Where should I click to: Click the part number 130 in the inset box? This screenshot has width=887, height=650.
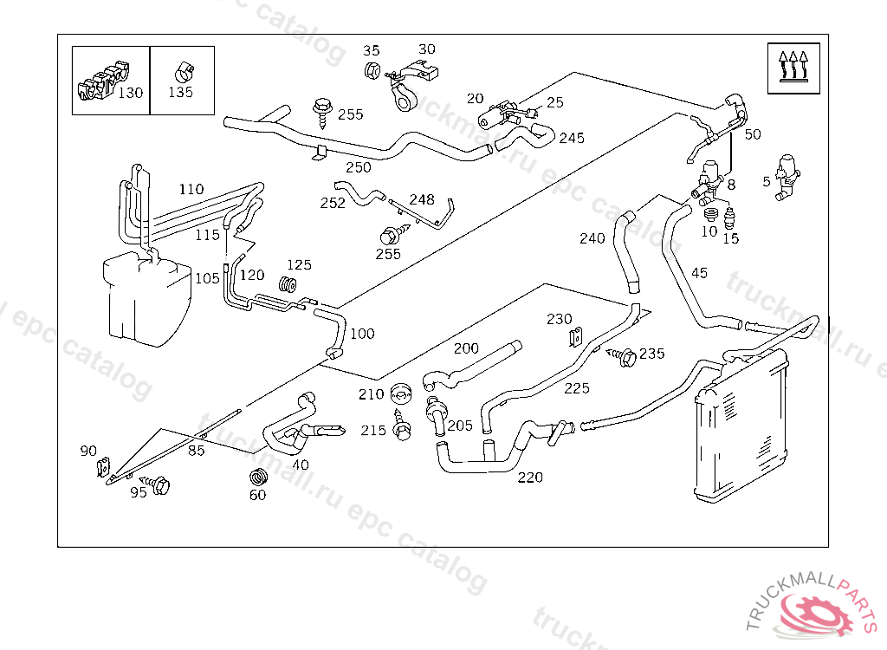(x=131, y=93)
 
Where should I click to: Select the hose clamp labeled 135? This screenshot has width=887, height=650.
(x=185, y=68)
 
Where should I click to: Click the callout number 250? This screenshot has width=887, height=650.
(x=358, y=167)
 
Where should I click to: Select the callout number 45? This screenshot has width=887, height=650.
(x=699, y=273)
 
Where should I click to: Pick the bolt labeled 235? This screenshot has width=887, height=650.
(x=624, y=354)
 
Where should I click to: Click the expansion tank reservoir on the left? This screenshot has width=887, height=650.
(x=146, y=295)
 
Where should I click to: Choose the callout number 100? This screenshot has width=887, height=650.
(x=362, y=334)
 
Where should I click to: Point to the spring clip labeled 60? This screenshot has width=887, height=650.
(x=257, y=478)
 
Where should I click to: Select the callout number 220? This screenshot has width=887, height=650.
(x=530, y=477)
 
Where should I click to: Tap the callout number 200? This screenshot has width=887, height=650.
(x=466, y=348)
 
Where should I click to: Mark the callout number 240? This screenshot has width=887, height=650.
(x=592, y=238)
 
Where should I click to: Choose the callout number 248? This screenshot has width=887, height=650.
(x=422, y=200)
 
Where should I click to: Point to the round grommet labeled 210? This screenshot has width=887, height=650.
(x=399, y=393)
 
